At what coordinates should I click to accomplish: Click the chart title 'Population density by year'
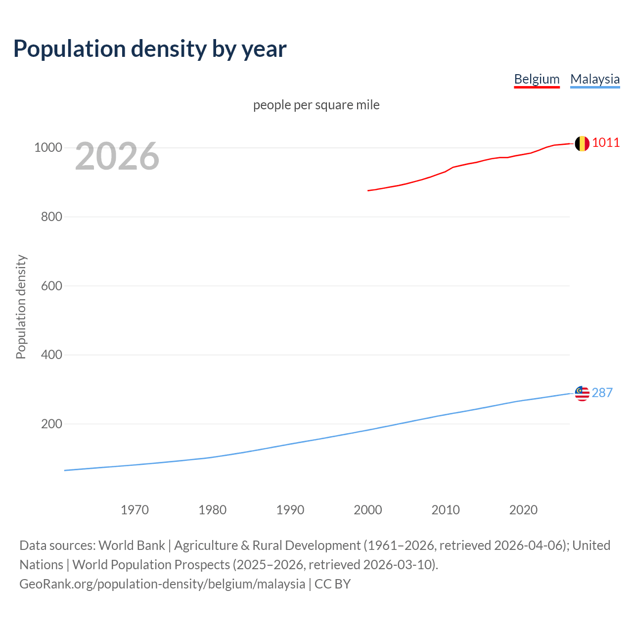[150, 49]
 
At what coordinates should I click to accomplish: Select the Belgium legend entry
[537, 79]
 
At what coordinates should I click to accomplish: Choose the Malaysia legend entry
[595, 79]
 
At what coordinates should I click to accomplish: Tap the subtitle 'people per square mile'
[316, 105]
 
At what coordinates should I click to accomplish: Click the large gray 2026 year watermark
[117, 156]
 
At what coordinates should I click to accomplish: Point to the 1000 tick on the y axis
[48, 148]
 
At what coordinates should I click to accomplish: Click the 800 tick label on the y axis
[51, 217]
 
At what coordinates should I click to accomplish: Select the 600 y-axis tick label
[51, 286]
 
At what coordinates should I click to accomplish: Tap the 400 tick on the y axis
[51, 355]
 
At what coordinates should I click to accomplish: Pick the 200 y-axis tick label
[51, 424]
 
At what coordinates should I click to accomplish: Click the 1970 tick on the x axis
[135, 510]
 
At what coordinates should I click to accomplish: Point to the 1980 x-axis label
[212, 510]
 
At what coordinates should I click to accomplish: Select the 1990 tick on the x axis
[290, 510]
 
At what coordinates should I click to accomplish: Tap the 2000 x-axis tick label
[368, 510]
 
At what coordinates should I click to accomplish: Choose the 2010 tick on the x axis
[446, 510]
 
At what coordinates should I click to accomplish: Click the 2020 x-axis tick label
[523, 510]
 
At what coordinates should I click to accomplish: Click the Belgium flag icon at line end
[582, 143]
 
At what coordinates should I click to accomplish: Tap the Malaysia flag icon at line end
[582, 394]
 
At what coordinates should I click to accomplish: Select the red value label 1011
[606, 143]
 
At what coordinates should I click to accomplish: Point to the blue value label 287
[602, 393]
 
